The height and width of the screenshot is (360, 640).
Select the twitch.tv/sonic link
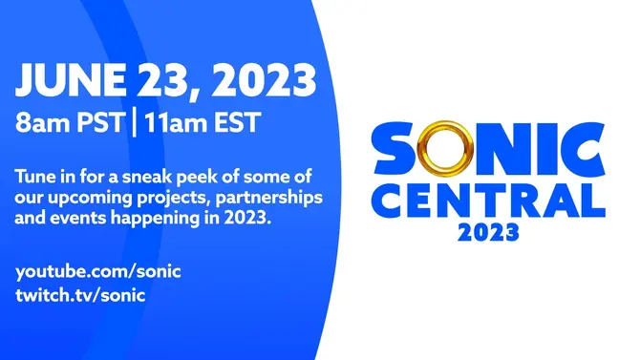(x=81, y=295)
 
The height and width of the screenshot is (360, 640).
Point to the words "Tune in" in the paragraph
(x=44, y=177)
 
